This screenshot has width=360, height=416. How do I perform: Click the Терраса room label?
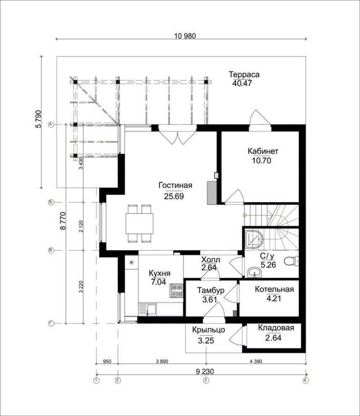click(x=244, y=75)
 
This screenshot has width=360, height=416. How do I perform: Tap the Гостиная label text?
click(x=175, y=186)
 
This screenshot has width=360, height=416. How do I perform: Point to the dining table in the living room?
click(x=139, y=223)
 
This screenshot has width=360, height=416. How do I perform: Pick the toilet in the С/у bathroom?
click(x=291, y=261)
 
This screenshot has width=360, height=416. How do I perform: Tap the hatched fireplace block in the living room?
click(x=211, y=192)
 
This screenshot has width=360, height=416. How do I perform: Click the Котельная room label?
click(x=274, y=290)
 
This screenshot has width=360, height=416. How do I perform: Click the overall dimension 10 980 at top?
click(x=185, y=36)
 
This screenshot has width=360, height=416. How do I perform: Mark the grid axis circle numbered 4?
click(x=305, y=381)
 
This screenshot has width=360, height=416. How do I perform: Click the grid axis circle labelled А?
click(x=51, y=125)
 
